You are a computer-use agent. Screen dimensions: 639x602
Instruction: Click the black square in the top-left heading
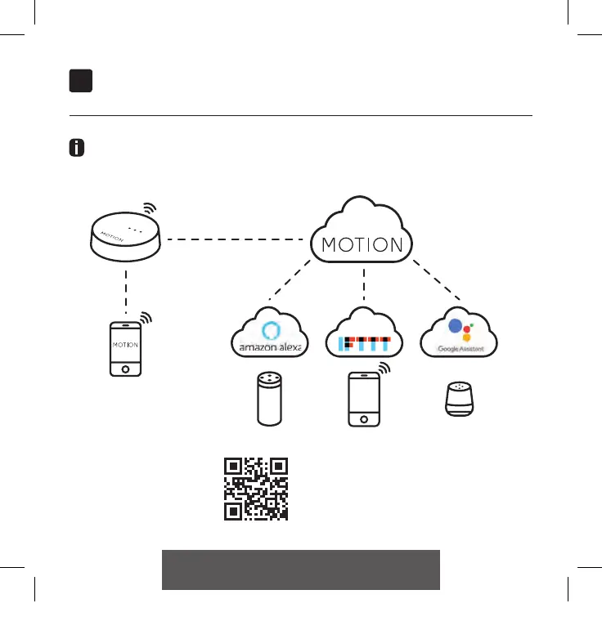(80, 80)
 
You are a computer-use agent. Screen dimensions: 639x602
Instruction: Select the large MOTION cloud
(362, 237)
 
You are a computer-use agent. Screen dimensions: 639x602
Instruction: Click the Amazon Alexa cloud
(270, 334)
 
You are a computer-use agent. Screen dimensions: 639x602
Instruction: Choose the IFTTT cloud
(364, 334)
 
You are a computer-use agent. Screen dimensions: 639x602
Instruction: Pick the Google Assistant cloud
(459, 334)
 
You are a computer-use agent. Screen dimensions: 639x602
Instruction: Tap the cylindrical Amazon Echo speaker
(269, 399)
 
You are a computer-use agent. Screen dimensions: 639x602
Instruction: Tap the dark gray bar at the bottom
(301, 570)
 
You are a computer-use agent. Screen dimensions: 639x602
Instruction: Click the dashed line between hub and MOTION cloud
(237, 239)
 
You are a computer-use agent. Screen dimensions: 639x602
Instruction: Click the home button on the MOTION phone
(125, 368)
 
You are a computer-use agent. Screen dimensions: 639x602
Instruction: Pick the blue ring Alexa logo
(270, 331)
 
